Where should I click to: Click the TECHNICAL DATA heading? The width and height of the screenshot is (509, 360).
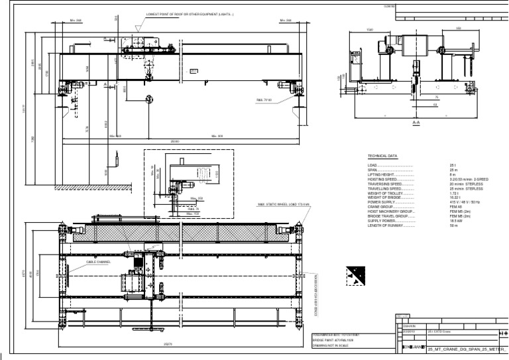tap(382, 156)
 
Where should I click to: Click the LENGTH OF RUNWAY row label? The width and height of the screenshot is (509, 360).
tap(390, 225)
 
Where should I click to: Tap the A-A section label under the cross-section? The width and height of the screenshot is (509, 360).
tap(416, 123)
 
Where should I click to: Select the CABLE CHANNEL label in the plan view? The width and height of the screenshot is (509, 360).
tap(98, 262)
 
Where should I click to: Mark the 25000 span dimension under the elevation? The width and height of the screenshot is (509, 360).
tap(176, 141)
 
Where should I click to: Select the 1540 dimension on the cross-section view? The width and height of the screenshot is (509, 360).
tap(370, 29)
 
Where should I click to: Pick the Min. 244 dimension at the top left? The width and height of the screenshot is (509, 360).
tap(76, 21)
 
